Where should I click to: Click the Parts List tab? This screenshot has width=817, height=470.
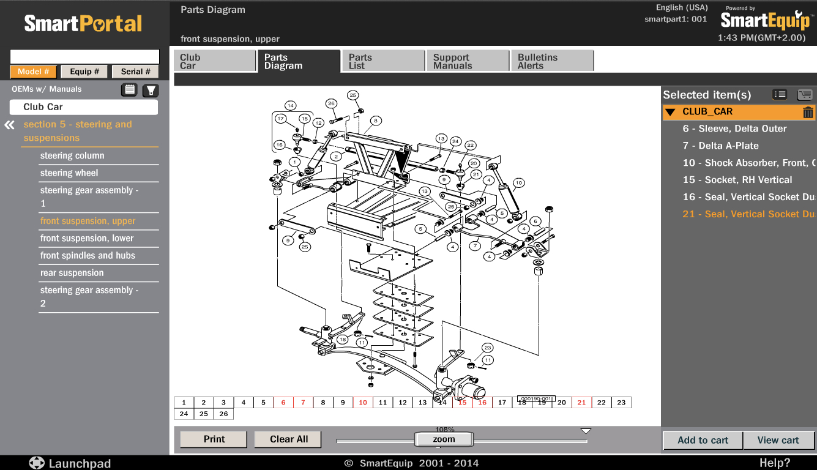point(382,61)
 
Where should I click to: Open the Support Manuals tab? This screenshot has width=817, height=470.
point(467,61)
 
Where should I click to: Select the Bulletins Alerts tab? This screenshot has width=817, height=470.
point(551,61)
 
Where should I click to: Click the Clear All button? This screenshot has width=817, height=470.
point(289,439)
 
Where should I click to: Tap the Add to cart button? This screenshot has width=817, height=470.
point(703,440)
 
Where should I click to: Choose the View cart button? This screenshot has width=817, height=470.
point(778,440)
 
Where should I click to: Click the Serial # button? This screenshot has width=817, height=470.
point(135,72)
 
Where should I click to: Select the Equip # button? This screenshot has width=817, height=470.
point(84,72)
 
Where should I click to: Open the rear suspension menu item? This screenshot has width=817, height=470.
point(72,273)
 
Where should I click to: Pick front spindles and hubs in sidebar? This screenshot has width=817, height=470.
point(88,256)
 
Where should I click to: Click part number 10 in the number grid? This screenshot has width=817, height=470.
point(363,403)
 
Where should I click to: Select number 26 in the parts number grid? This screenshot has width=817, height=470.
point(223,414)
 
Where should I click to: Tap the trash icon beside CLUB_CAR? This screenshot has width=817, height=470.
point(808,112)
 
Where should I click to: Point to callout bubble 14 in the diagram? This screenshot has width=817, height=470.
point(290,105)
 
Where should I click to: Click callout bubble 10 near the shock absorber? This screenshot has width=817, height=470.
point(518,182)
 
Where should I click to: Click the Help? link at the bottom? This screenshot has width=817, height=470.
point(775,463)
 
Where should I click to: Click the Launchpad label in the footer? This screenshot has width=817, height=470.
point(80,463)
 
